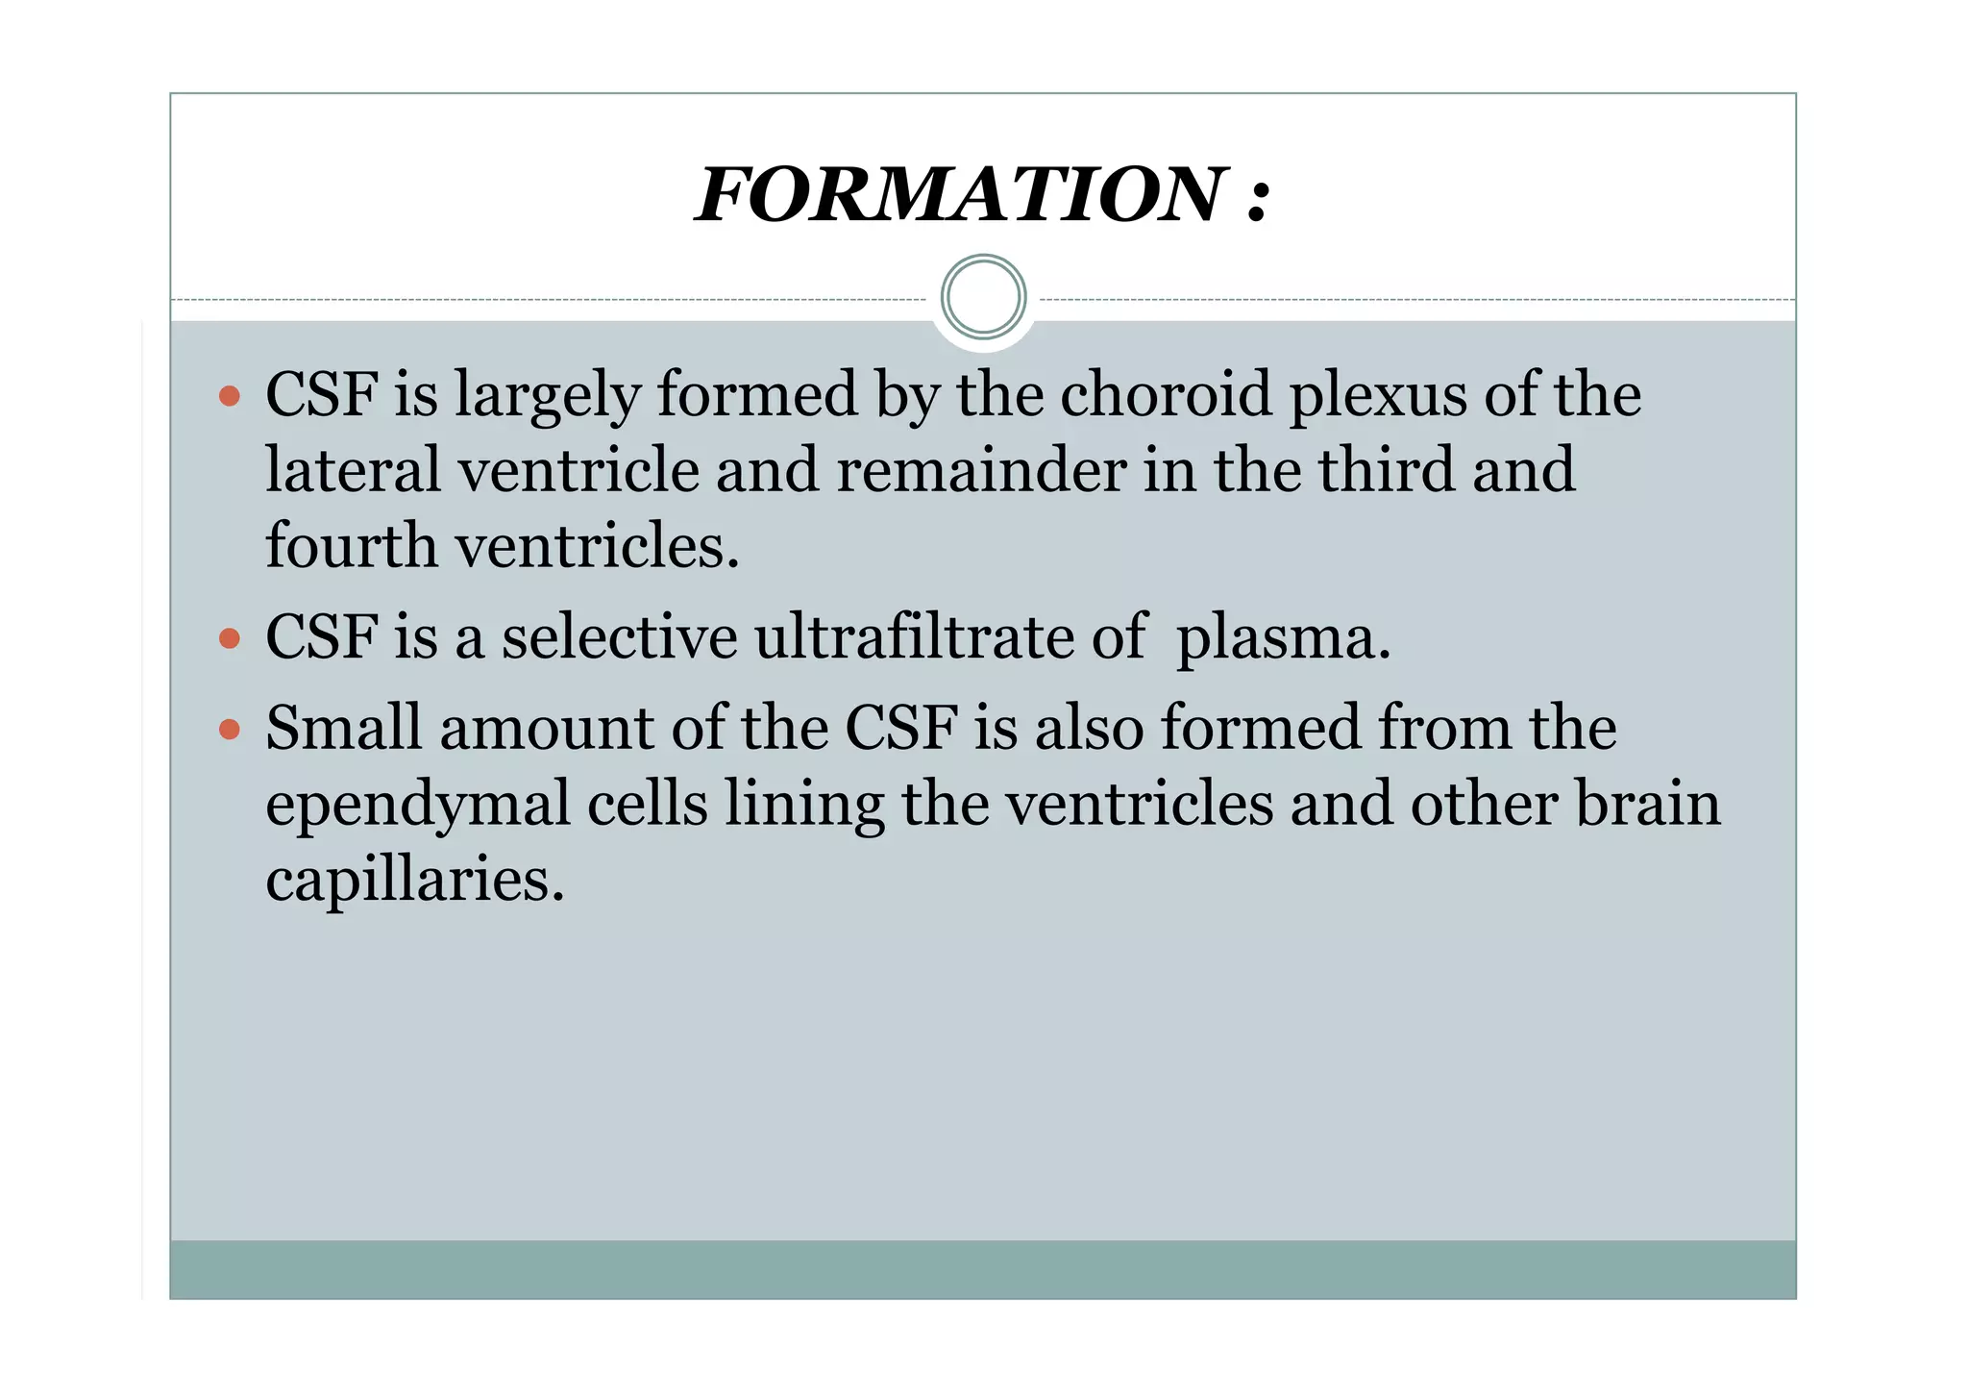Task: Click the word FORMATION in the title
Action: (x=961, y=195)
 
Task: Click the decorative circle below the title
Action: (x=983, y=297)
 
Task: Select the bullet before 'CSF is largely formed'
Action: (x=229, y=395)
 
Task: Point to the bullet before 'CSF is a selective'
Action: (x=229, y=638)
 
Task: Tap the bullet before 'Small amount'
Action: (x=229, y=729)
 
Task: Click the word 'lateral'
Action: (x=352, y=470)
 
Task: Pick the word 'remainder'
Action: (x=980, y=470)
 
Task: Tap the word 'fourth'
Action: (x=351, y=546)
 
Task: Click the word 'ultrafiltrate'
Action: (x=914, y=637)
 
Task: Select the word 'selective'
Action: (x=619, y=637)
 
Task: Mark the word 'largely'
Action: (x=547, y=397)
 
